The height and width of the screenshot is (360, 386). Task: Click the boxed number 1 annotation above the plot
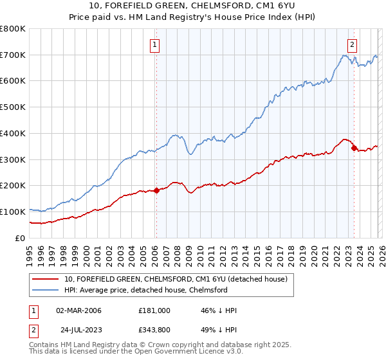click(156, 45)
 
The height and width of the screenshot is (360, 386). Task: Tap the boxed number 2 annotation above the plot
click(353, 45)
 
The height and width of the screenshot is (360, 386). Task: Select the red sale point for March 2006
click(156, 190)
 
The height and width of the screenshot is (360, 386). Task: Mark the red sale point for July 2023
click(354, 148)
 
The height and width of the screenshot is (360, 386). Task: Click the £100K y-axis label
click(13, 212)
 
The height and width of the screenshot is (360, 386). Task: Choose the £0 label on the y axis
click(19, 238)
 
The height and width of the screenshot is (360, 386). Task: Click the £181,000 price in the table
click(154, 310)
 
